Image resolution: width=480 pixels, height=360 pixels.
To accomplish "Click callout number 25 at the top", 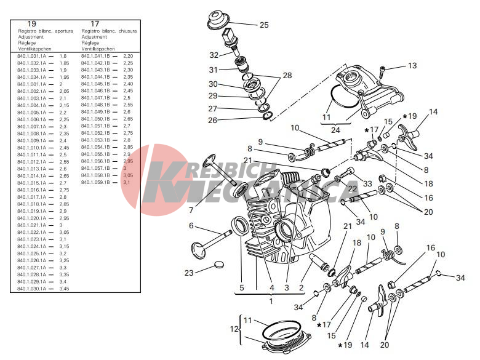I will click(x=264, y=25).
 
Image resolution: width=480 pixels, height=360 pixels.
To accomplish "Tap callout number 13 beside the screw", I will click(x=412, y=65).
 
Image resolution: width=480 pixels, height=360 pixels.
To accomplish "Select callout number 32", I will click(x=214, y=55).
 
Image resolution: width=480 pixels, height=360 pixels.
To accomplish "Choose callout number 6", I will click(x=191, y=226).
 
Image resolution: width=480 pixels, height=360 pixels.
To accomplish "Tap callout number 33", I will click(x=367, y=183).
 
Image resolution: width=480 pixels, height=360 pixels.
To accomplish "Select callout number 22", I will click(x=352, y=189).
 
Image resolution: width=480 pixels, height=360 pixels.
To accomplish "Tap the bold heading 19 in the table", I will click(x=32, y=24).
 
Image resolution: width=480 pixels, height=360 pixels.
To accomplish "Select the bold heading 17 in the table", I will click(x=95, y=24).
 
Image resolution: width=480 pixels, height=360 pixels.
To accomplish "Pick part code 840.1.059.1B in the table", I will click(x=95, y=182).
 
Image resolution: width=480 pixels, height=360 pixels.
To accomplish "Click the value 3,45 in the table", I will click(x=64, y=289).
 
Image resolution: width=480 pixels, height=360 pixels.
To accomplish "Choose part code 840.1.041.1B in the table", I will click(x=95, y=56).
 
